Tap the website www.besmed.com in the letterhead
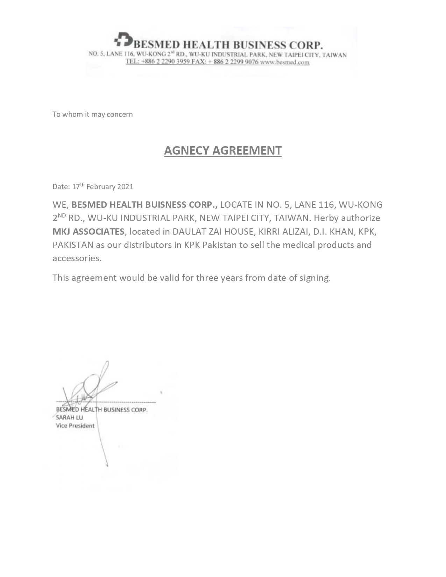point(285,63)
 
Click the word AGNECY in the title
point(186,150)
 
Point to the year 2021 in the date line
point(125,187)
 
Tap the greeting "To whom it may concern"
point(92,114)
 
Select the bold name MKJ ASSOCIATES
point(89,231)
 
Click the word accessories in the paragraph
point(77,258)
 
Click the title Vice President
point(75,426)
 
